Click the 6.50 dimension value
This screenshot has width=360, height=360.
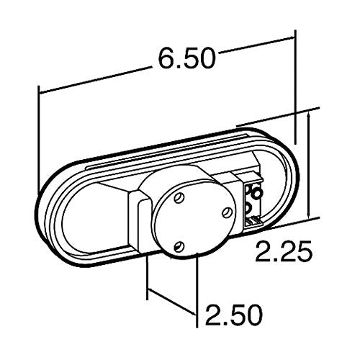[186, 58]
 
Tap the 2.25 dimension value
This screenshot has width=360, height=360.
[284, 251]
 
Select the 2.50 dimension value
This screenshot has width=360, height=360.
[233, 314]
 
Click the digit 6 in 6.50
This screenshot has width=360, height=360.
[166, 58]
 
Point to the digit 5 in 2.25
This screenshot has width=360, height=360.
[305, 251]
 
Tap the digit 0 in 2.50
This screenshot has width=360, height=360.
[253, 314]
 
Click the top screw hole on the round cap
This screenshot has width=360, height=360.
[179, 198]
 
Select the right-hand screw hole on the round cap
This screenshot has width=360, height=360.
[227, 212]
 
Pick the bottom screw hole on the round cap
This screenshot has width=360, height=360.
[179, 246]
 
